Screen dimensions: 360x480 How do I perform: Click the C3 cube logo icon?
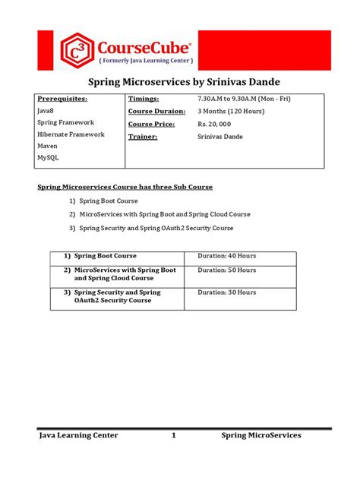point(77,50)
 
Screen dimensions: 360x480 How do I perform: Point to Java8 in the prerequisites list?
point(46,111)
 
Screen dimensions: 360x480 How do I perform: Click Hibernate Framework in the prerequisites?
point(71,134)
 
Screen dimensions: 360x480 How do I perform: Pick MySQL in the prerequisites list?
point(47,158)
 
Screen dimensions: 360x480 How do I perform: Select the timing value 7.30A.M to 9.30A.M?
point(244,99)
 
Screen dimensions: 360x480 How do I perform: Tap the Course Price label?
point(153,124)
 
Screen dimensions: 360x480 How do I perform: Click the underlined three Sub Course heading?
point(125,187)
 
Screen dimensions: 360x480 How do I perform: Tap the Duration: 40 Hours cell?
point(227,256)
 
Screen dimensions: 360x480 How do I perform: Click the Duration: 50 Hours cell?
point(227,270)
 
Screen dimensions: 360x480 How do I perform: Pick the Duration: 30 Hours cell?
point(227,292)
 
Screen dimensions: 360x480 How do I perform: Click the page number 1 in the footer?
point(173,435)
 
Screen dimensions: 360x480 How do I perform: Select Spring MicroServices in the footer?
point(261,435)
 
